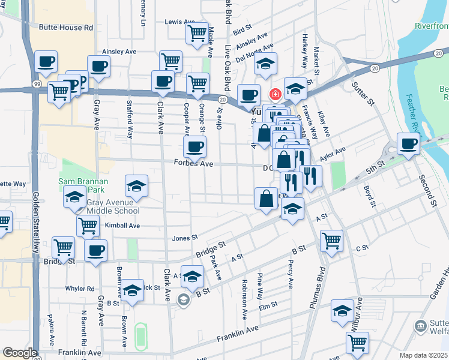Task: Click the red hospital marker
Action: [276, 94]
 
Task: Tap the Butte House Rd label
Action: [66, 28]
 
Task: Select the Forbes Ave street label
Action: [194, 163]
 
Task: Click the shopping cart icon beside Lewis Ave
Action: [196, 34]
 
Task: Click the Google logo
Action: [20, 353]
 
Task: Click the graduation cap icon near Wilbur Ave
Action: [342, 311]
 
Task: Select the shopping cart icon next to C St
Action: [331, 241]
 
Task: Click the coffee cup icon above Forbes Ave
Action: [194, 146]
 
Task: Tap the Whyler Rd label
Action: [80, 289]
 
